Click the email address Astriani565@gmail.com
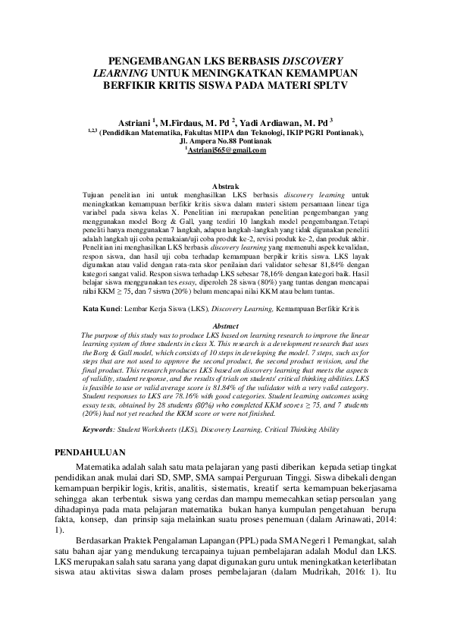[226, 150]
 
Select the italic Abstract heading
[225, 326]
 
